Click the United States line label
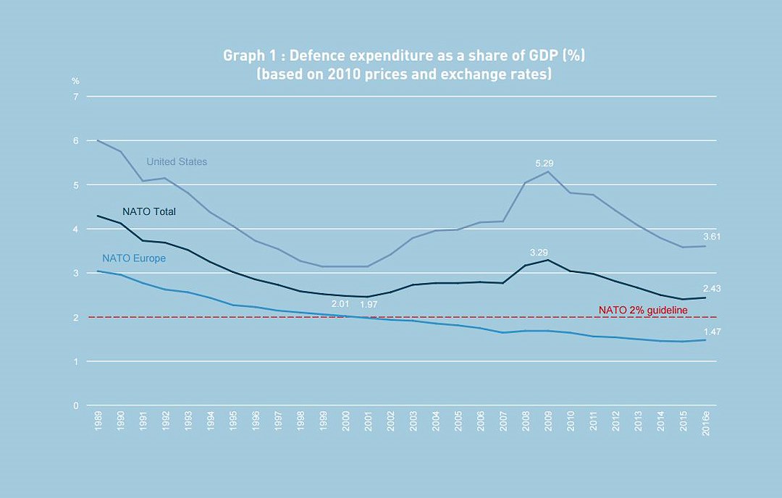coord(177,162)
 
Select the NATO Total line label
coord(149,212)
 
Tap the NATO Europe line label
coord(134,258)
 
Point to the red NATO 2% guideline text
coord(642,310)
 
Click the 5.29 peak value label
coord(544,164)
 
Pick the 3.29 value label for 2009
coord(539,253)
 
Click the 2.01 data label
coord(341,304)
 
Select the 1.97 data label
coord(369,304)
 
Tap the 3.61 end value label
coord(712,237)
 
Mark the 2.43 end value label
coord(712,289)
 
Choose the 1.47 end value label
coord(712,332)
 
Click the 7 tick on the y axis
coord(75,96)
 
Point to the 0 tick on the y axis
coord(75,405)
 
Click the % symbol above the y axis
coord(75,80)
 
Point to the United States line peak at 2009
coord(549,172)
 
